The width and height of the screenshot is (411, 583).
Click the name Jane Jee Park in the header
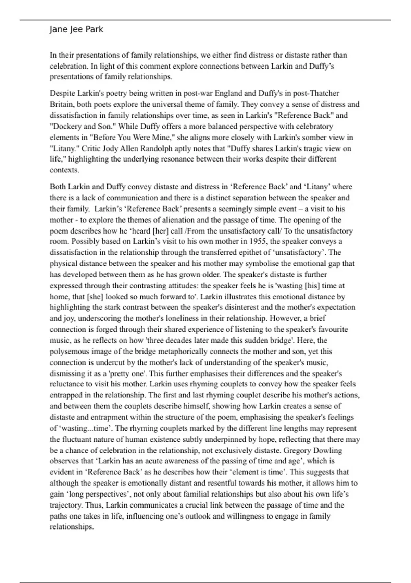click(x=76, y=29)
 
